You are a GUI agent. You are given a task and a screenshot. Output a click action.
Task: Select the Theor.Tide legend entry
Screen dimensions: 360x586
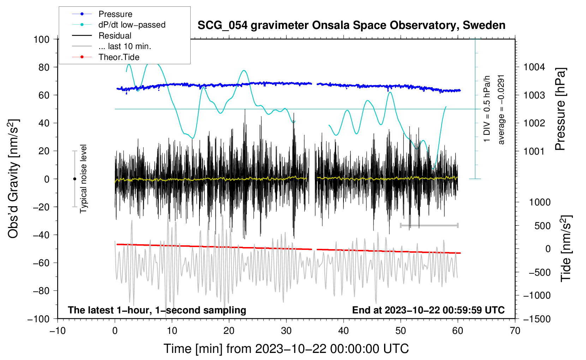tap(119, 57)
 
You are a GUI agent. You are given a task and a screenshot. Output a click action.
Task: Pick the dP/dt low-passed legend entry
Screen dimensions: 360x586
tap(132, 25)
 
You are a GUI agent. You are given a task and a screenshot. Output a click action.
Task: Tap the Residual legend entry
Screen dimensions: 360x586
tap(115, 36)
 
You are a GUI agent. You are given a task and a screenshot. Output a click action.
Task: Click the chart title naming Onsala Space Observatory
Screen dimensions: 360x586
tap(351, 25)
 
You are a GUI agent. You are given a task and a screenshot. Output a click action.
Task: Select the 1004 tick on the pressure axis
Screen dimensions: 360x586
tap(534, 67)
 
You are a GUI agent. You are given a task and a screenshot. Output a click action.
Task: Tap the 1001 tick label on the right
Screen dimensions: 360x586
tap(534, 151)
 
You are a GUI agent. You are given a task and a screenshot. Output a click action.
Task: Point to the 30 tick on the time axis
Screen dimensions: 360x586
tap(286, 331)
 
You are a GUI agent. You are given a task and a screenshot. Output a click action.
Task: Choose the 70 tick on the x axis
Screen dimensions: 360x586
tap(515, 331)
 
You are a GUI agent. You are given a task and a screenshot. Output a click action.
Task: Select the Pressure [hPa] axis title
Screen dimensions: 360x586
tap(560, 109)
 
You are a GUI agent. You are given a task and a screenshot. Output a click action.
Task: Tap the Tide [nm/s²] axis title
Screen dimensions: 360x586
tap(566, 248)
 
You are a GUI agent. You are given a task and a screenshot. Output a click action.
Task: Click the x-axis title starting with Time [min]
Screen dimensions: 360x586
tap(286, 349)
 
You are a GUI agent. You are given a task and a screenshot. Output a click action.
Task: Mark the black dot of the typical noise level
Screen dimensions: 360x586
tap(74, 179)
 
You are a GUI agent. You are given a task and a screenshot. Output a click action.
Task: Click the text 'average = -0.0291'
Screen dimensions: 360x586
tap(501, 109)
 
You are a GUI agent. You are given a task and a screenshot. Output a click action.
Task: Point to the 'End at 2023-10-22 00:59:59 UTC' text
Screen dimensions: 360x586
tap(428, 310)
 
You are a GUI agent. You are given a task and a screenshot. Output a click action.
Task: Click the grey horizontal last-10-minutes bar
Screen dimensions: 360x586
tap(429, 225)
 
